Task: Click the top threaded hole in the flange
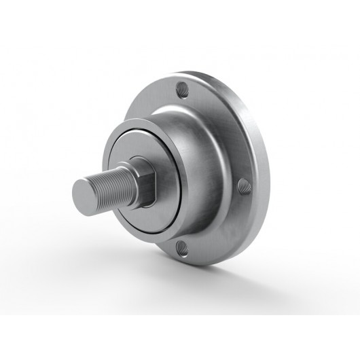(x=183, y=88)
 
